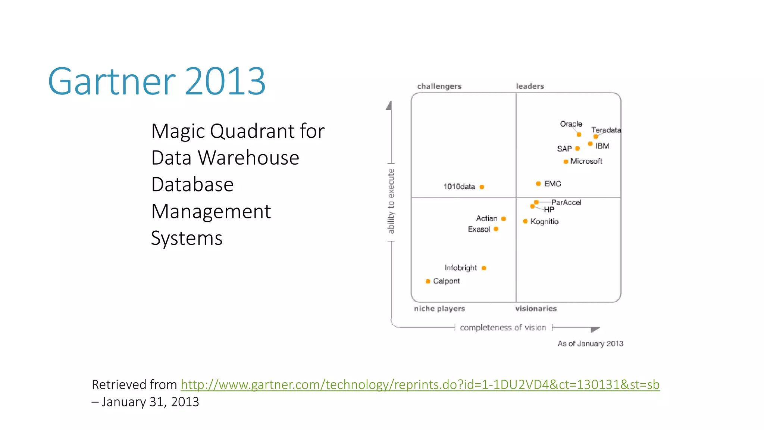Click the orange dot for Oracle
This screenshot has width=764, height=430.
click(579, 134)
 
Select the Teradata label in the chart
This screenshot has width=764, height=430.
click(606, 130)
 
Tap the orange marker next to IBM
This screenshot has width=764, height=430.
click(590, 144)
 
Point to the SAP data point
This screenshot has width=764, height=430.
click(577, 149)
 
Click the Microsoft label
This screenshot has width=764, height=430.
click(586, 161)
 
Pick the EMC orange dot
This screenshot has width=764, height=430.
click(538, 184)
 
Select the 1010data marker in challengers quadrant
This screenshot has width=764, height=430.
click(482, 187)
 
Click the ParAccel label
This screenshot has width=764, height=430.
click(566, 202)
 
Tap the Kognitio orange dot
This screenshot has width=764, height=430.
click(525, 221)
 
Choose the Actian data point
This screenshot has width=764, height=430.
click(504, 219)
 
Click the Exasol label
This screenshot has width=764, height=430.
click(479, 229)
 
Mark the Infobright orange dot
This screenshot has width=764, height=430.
click(484, 268)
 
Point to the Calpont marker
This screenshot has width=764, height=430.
click(428, 281)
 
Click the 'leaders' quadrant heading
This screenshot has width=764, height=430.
click(530, 86)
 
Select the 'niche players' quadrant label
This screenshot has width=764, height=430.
click(439, 309)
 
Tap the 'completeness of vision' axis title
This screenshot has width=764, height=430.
click(502, 328)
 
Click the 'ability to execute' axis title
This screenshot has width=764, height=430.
click(391, 201)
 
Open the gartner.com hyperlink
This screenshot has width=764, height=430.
click(420, 384)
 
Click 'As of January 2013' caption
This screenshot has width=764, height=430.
click(590, 343)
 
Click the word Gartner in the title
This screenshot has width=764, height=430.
click(111, 81)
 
